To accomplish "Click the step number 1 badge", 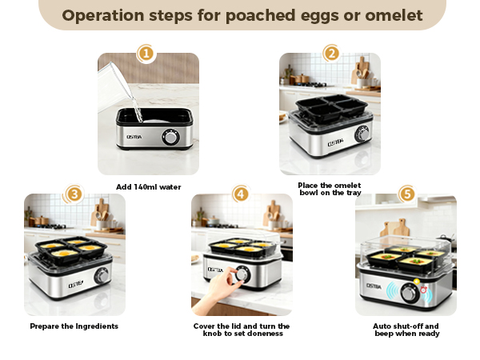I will pos(146,54).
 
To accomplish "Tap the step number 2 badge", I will pos(331,54).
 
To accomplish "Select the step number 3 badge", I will pos(74,194).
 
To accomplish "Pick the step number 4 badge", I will pos(240,194).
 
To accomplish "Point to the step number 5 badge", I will pos(407,194).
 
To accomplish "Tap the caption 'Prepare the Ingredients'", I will pos(74,326).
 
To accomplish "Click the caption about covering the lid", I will pos(242,330).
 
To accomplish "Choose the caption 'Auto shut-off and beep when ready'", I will pos(406,330).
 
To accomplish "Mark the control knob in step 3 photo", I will pos(101,276).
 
